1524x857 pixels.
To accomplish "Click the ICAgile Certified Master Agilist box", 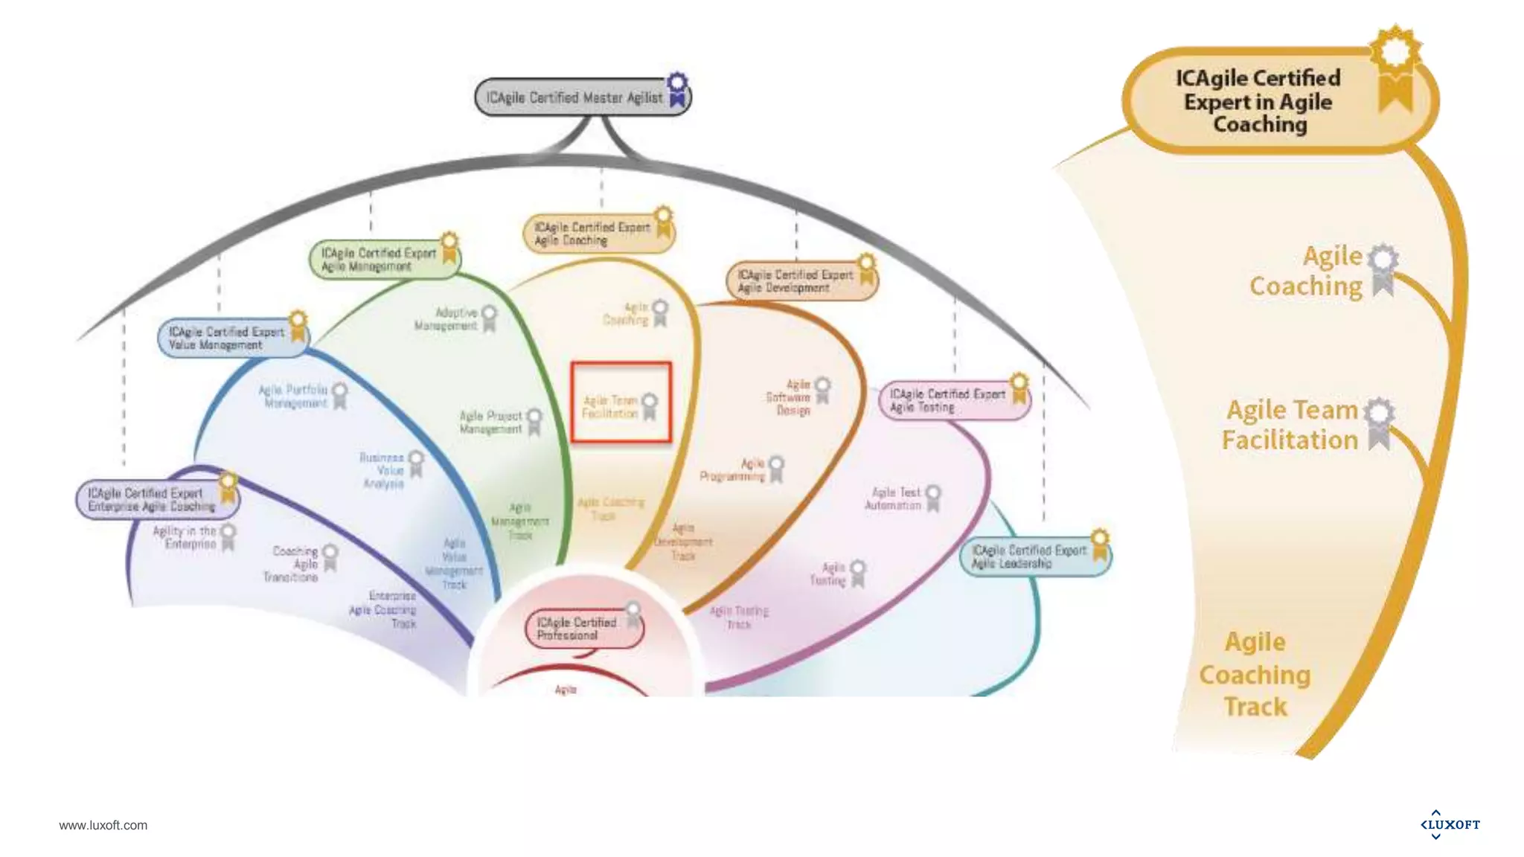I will coord(574,97).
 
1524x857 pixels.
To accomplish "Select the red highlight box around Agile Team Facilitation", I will coord(621,402).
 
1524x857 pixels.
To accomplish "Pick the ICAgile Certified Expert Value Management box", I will coord(226,338).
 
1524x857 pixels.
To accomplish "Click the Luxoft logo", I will coord(1450,824).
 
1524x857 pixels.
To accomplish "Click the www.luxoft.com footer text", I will coord(103,825).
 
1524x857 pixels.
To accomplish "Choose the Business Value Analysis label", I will coord(382,470).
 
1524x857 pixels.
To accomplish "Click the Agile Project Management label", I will coord(491,422).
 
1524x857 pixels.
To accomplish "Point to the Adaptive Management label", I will coord(446,319).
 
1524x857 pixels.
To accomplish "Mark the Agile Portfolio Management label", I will coord(293,396).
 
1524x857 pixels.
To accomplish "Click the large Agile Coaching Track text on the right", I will coord(1255,674).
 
